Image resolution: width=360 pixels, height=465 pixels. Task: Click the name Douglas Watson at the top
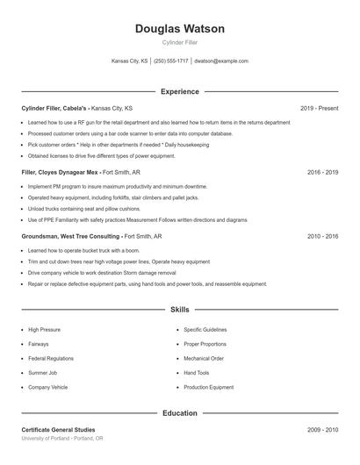179,29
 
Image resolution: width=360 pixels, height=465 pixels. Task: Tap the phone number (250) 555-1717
171,61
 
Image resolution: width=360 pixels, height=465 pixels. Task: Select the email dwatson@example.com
221,61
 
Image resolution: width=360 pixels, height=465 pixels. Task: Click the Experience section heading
179,91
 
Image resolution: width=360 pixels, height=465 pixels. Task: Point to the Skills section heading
179,310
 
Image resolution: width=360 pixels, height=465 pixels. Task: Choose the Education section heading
179,412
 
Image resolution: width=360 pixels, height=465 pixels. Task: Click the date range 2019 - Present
319,108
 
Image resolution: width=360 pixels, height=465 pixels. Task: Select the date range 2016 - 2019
322,172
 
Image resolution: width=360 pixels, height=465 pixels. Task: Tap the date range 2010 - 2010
322,236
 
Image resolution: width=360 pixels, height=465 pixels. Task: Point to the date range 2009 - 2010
322,430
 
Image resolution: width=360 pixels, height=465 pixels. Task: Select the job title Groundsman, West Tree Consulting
71,236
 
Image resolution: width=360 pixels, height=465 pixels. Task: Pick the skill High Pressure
45,329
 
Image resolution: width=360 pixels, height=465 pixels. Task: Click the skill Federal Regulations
50,358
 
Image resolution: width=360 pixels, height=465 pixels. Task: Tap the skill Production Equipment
209,387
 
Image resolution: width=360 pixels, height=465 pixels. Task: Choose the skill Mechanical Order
204,358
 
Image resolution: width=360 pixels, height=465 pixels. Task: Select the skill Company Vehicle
47,387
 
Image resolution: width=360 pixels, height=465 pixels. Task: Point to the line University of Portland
61,438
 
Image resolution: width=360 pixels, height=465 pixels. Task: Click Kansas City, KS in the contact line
130,61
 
